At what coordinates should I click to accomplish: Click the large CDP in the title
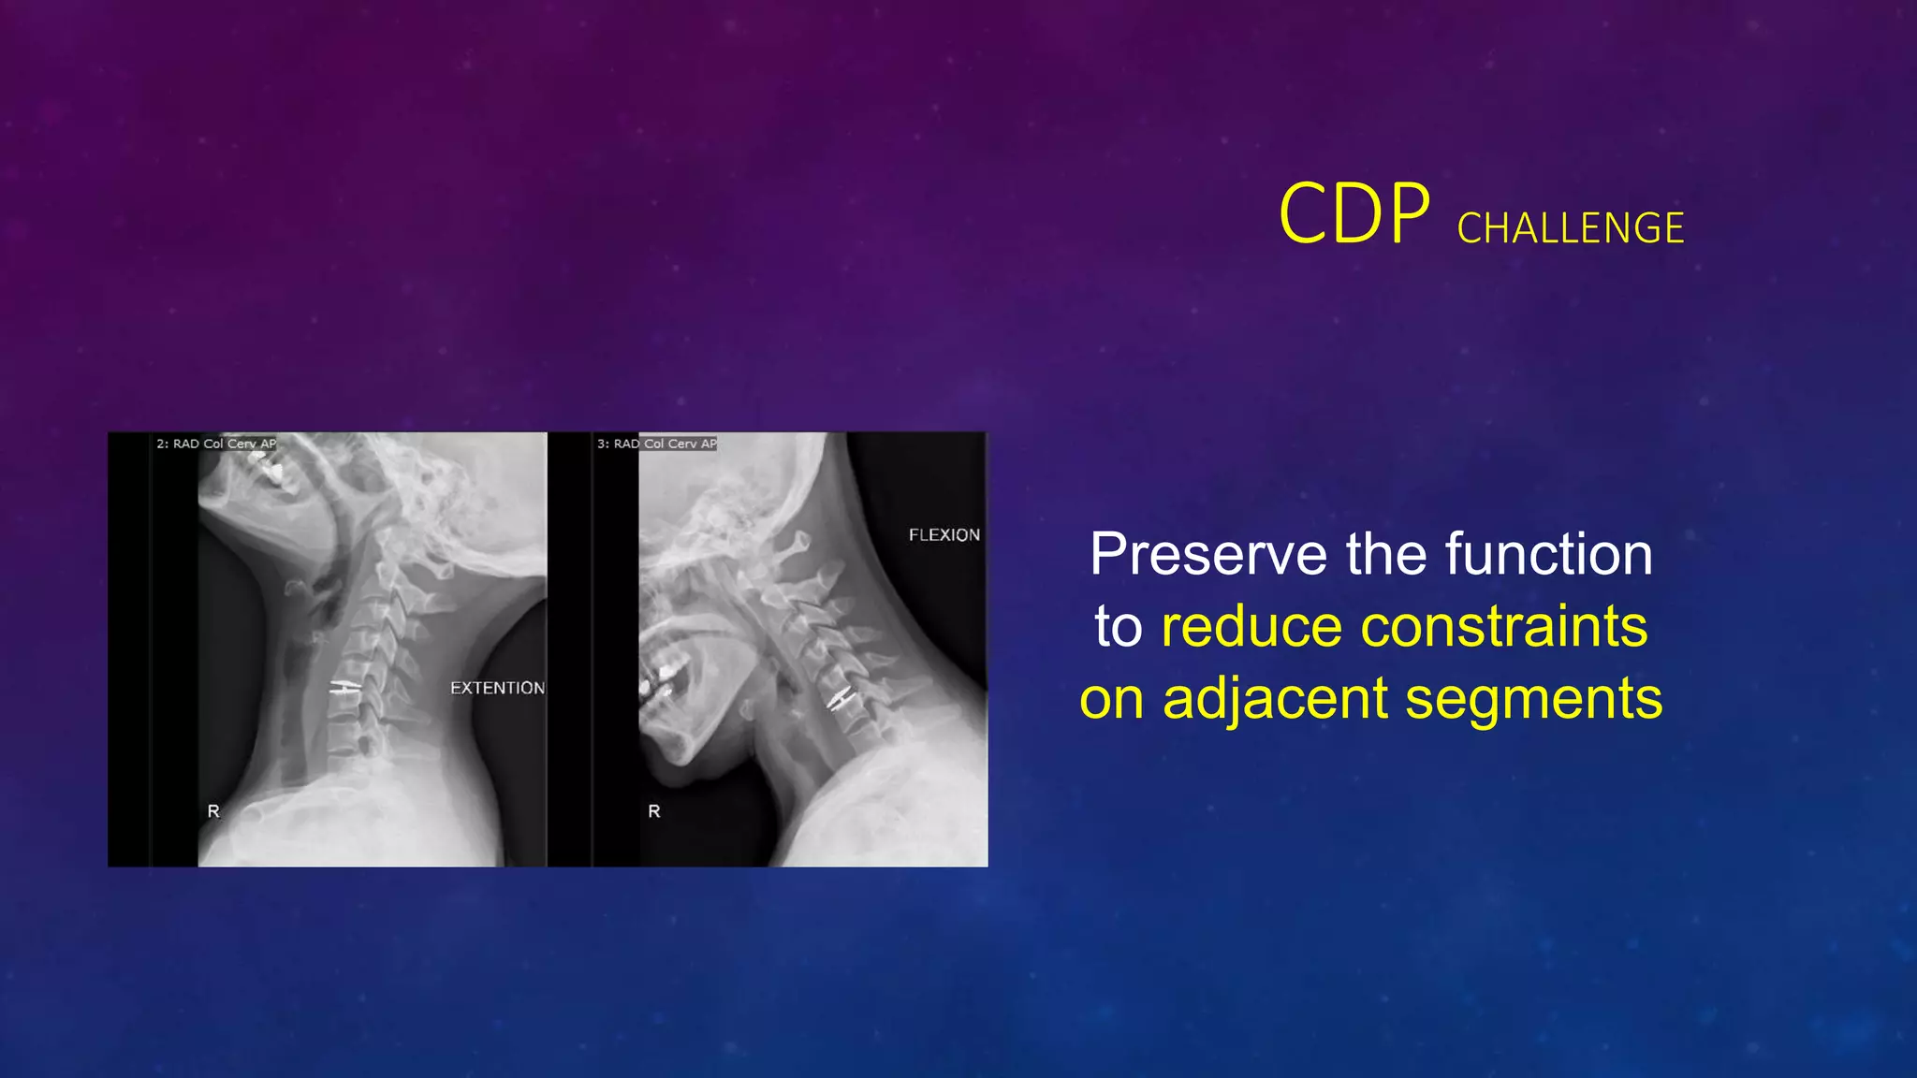coord(1354,214)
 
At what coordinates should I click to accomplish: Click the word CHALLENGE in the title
coord(1570,228)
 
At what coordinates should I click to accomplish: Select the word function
coord(1548,554)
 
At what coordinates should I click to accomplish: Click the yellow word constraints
coord(1503,626)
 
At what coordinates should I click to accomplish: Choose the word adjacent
coord(1275,698)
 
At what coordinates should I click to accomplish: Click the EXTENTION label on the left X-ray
coord(497,688)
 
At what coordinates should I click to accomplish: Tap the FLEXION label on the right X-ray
coord(944,534)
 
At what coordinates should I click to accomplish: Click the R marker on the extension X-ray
coord(213,811)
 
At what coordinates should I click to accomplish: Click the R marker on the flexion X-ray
coord(654,811)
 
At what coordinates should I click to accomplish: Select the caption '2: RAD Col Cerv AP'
coord(216,444)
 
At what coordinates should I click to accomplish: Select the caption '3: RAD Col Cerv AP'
coord(657,444)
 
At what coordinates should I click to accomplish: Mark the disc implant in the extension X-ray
coord(344,689)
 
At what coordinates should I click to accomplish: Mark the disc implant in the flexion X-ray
coord(841,698)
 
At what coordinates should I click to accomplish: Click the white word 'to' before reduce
coord(1119,626)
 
